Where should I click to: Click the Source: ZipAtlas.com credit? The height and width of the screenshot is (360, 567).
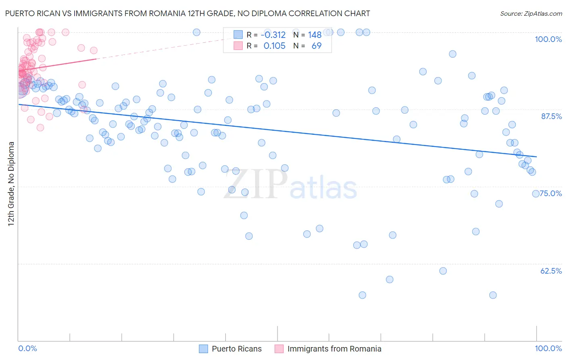[531, 14]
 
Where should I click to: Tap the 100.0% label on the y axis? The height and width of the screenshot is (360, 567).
[548, 39]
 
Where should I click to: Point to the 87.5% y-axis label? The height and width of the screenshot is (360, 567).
[551, 116]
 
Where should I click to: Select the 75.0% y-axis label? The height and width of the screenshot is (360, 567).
[551, 193]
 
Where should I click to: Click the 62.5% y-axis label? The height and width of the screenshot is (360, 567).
[551, 271]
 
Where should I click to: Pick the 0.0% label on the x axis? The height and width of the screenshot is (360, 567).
[27, 348]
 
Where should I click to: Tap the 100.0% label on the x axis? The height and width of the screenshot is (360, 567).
[548, 348]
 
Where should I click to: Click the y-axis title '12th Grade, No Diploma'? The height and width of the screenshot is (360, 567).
[11, 184]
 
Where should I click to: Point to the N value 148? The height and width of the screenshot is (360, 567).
[315, 35]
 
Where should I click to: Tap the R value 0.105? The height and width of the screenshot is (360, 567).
[274, 46]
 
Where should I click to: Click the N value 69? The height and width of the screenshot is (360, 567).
[317, 46]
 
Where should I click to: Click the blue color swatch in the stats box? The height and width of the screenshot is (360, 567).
[238, 35]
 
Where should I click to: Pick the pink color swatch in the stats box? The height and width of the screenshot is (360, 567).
[238, 46]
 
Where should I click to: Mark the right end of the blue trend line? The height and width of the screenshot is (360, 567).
[536, 157]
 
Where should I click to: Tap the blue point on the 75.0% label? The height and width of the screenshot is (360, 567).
[536, 194]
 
